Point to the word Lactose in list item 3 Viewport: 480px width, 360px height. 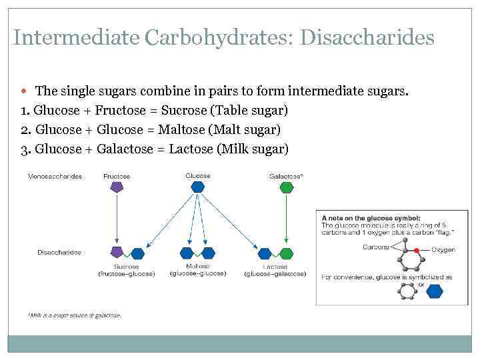(x=191, y=149)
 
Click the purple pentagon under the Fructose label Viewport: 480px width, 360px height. (x=117, y=187)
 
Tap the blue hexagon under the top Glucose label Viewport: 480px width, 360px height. (x=198, y=187)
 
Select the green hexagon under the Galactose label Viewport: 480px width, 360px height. (x=286, y=187)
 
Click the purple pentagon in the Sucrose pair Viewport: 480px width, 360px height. (x=117, y=252)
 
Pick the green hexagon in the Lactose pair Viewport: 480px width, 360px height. (x=286, y=253)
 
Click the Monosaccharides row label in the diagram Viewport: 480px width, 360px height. (x=55, y=177)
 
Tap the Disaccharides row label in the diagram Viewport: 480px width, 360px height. (x=59, y=253)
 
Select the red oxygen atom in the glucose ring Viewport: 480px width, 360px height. (x=417, y=250)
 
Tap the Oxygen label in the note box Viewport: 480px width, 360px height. (x=443, y=250)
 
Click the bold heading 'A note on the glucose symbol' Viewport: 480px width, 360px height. (x=371, y=218)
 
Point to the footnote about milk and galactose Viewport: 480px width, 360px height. (x=75, y=315)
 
